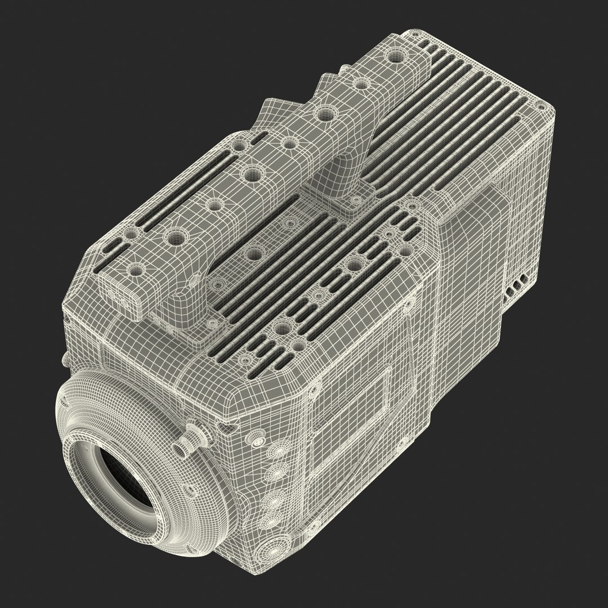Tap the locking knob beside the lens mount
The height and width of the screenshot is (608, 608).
pyautogui.click(x=195, y=436)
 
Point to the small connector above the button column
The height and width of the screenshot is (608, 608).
pyautogui.click(x=258, y=439)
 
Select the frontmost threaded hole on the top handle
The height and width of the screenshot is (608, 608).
pyautogui.click(x=135, y=271)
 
